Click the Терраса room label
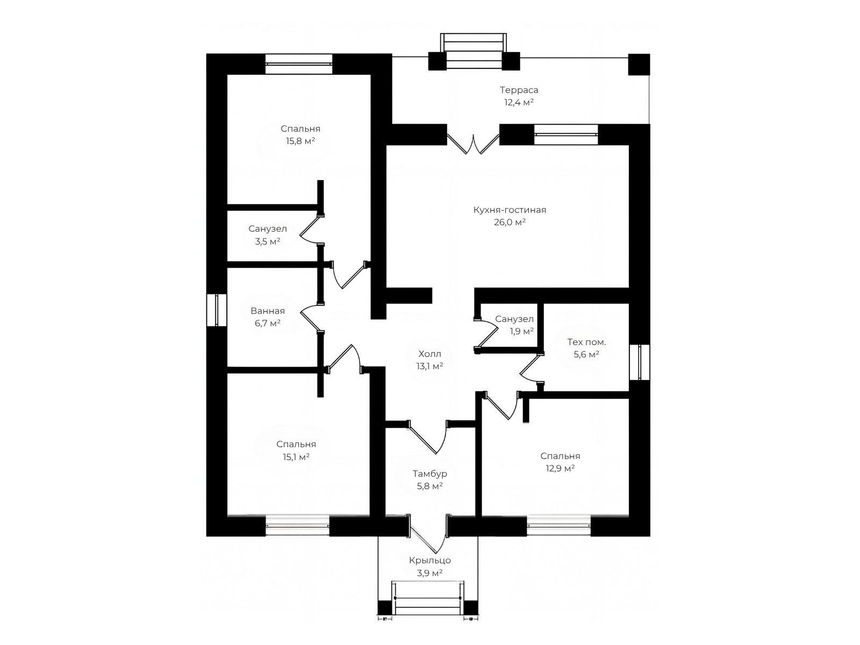point(519,90)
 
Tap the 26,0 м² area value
point(510,223)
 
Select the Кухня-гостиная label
point(510,210)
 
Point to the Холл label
point(429,354)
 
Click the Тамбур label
point(429,474)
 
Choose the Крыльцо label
point(430,561)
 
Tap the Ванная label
point(268,311)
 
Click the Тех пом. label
point(586,342)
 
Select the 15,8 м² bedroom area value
point(300,141)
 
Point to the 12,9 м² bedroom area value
point(560,468)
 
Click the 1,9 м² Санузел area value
point(521,331)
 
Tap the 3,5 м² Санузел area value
point(268,241)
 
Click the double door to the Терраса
point(474,144)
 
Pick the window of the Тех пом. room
point(640,362)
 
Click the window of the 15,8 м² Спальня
point(298,64)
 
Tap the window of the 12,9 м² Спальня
point(558,525)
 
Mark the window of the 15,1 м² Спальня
point(297,525)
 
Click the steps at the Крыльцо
point(428,598)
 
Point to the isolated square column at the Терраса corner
point(639,64)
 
